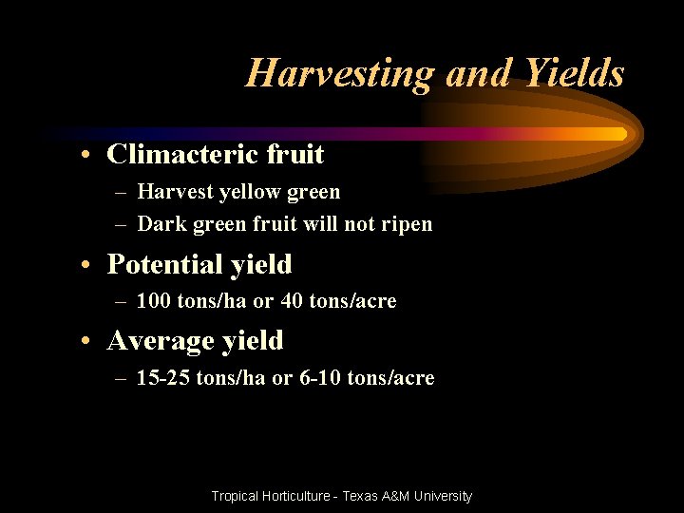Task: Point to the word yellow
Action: [250, 192]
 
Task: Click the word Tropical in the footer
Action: [238, 496]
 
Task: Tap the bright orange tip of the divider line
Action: [620, 134]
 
